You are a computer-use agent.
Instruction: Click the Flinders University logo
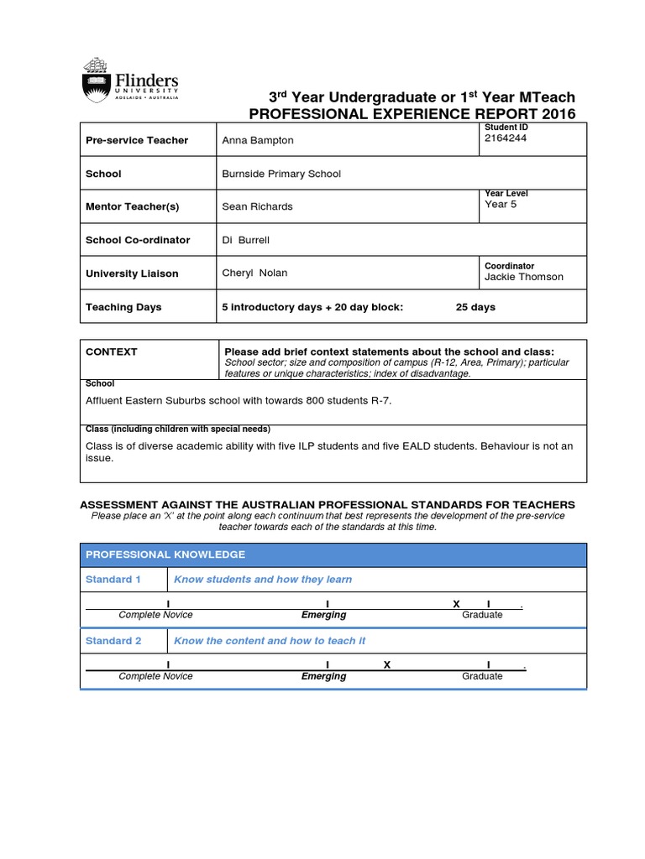tap(129, 81)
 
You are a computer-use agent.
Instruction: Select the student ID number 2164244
tap(506, 138)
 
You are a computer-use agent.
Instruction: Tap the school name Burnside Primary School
tap(281, 174)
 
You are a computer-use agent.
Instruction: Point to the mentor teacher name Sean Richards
tap(257, 206)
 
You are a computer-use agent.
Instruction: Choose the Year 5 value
tap(501, 204)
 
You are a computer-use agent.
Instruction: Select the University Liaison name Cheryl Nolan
tap(254, 273)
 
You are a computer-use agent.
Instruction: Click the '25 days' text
tap(475, 307)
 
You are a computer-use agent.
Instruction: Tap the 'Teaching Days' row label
tap(123, 307)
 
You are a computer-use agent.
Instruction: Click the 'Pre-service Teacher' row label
tap(137, 140)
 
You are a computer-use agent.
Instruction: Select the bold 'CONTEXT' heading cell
tap(112, 351)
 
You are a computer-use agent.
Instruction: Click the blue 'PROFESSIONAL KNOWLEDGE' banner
tap(165, 554)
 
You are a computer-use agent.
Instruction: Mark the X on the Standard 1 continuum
tap(456, 604)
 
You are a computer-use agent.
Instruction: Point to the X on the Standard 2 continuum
tap(387, 665)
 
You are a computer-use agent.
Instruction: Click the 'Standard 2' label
tap(113, 641)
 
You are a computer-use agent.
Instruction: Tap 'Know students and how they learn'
tap(263, 580)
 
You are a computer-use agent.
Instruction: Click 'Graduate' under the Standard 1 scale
tap(482, 615)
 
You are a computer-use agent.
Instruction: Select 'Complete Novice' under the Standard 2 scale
tap(155, 676)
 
